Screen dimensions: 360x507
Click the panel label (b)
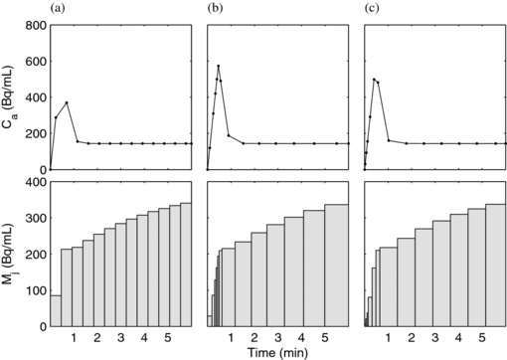(x=215, y=9)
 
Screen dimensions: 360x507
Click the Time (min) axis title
(x=276, y=353)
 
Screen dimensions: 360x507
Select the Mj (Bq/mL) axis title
(x=11, y=254)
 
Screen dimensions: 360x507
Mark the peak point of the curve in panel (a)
(x=67, y=102)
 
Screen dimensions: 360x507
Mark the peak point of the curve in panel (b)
(x=219, y=67)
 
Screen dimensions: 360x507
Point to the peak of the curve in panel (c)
(x=374, y=80)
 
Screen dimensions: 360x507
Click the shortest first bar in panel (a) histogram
(x=56, y=310)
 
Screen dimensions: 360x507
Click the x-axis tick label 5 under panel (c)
(x=482, y=338)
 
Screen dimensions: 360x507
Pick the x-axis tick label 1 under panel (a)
(x=74, y=338)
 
